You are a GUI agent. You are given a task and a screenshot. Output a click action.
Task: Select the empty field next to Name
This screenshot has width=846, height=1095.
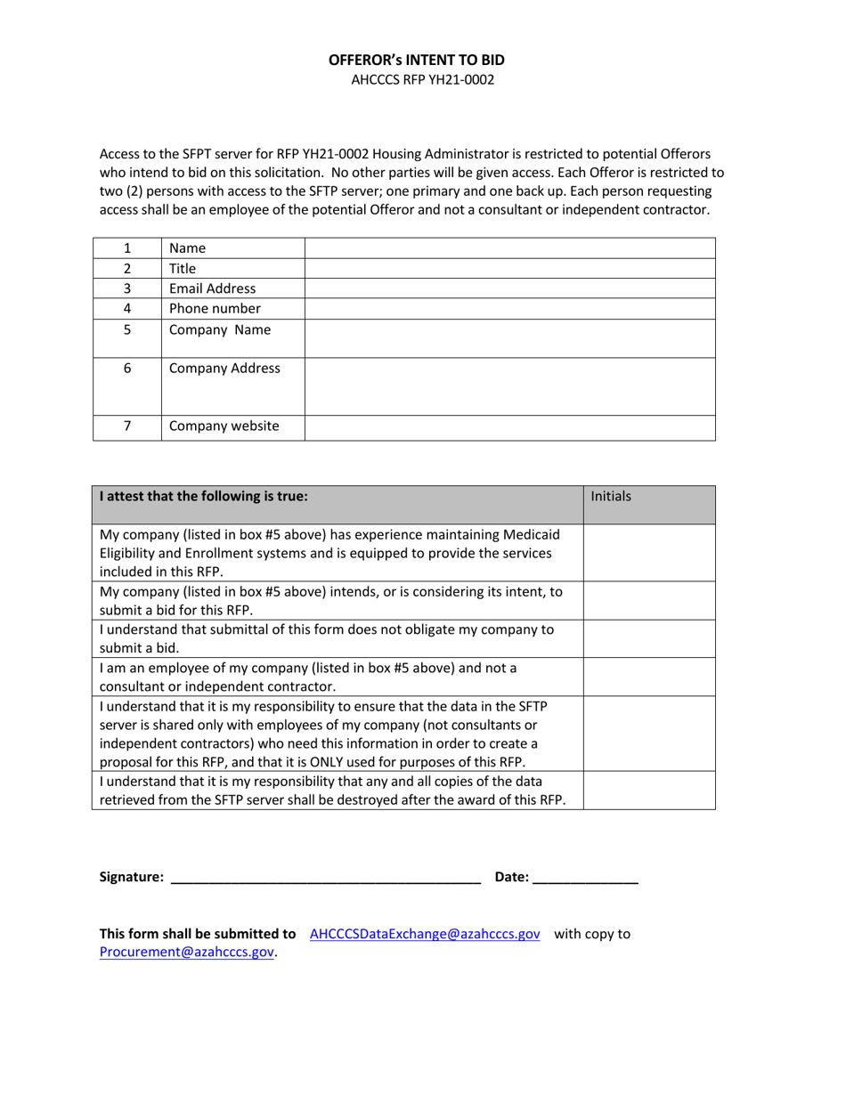pos(509,248)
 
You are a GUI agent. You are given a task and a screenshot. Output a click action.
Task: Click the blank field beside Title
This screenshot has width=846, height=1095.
pos(509,268)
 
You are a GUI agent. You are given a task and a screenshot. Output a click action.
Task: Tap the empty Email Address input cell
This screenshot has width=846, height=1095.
pos(509,288)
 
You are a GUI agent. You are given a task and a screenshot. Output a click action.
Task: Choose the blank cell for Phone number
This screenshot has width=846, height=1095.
pos(509,309)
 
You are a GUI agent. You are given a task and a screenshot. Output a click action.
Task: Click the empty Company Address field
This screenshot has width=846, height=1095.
pos(509,386)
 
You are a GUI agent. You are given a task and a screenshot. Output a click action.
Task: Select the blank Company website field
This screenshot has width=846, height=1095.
pos(509,427)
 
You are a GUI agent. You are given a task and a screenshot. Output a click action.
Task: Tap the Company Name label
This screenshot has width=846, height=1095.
pos(219,330)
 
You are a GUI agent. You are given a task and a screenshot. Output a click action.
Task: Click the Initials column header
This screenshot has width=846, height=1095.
pos(611,497)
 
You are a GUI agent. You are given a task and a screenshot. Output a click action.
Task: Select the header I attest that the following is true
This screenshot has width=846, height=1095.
pos(204,497)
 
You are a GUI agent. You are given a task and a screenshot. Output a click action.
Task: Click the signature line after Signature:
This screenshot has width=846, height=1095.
pos(325,878)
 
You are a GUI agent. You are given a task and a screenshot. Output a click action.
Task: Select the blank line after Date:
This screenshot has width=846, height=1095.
pos(586,878)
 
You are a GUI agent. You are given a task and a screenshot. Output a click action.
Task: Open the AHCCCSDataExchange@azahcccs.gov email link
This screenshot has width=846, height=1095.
pos(425,934)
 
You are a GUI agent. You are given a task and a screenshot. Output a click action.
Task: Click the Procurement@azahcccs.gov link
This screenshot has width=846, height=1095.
pos(186,953)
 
